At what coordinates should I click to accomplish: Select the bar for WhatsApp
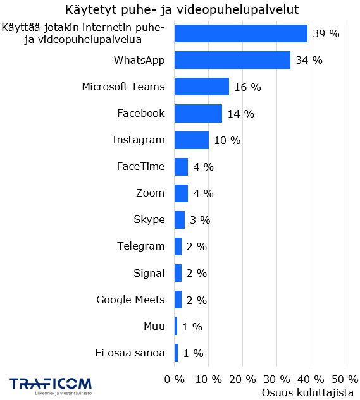point(232,60)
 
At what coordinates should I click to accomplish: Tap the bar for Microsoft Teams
point(201,87)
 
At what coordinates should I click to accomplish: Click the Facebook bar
point(197,114)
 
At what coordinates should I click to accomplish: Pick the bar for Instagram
point(191,140)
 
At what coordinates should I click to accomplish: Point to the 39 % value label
point(326,33)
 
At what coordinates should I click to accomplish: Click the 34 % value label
point(309,60)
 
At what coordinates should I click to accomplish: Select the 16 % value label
point(247,87)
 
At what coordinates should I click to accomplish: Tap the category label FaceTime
point(140,166)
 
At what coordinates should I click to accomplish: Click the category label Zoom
point(150,193)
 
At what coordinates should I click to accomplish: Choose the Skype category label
point(149,220)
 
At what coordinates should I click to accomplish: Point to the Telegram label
point(140,246)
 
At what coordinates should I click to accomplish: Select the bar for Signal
point(178,273)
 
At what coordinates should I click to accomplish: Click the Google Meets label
point(130,300)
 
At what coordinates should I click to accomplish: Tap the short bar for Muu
point(176,326)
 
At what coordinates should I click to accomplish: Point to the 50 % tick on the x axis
point(344,379)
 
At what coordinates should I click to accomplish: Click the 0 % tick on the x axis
point(174,379)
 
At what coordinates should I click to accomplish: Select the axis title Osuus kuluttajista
point(307,392)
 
